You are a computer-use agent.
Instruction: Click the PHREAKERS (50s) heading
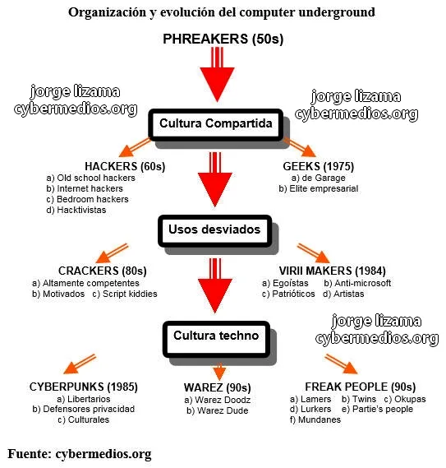click(223, 39)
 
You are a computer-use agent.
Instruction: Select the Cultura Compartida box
click(215, 125)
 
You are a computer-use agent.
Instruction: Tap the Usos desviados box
click(214, 231)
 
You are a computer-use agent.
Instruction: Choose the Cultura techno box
click(216, 339)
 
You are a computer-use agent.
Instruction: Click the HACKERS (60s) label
click(125, 166)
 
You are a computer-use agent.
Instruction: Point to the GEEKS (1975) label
click(319, 166)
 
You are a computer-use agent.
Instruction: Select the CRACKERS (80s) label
click(103, 271)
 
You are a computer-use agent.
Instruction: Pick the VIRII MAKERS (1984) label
click(333, 271)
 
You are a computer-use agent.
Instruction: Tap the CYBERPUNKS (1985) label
click(84, 387)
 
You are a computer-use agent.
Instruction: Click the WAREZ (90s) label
click(218, 387)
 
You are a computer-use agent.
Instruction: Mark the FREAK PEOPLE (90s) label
click(360, 387)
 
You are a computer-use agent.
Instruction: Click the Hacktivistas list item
click(76, 210)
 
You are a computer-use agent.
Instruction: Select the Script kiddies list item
click(125, 294)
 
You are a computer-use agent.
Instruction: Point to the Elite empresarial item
click(319, 188)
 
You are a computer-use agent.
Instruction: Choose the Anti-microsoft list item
click(357, 283)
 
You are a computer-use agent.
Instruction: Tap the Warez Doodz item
click(218, 400)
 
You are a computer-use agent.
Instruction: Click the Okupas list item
click(405, 399)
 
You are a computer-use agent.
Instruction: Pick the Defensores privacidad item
click(84, 409)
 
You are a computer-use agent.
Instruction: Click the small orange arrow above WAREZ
click(219, 371)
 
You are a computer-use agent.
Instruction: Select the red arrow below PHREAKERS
click(217, 75)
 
